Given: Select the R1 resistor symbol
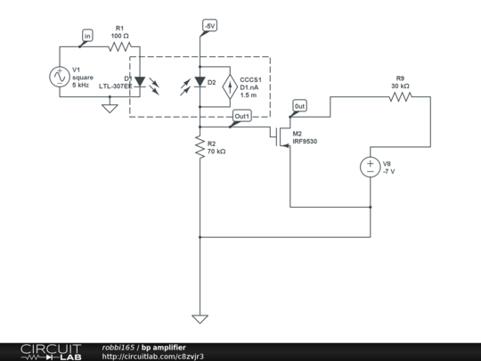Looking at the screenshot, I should coord(120,46).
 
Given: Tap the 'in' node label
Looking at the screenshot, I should coord(87,36).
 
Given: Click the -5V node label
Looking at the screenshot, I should coord(208,26).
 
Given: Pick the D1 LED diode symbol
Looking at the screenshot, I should coord(139,83).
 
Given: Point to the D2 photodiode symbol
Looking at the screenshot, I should coord(200,84).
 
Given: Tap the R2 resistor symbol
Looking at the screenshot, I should coord(200,148).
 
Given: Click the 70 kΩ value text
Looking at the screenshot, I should coord(216,152).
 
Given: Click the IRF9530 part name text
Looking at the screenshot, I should coord(305,142).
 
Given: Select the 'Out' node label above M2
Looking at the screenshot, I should coord(299,106).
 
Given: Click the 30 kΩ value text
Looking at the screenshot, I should coord(401,86).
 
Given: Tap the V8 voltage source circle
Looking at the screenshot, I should coord(370,166).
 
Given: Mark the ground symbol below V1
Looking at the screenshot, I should coord(110,108).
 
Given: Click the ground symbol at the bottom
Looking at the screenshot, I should coord(200,318).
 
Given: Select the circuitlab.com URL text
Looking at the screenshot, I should coord(153,356).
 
